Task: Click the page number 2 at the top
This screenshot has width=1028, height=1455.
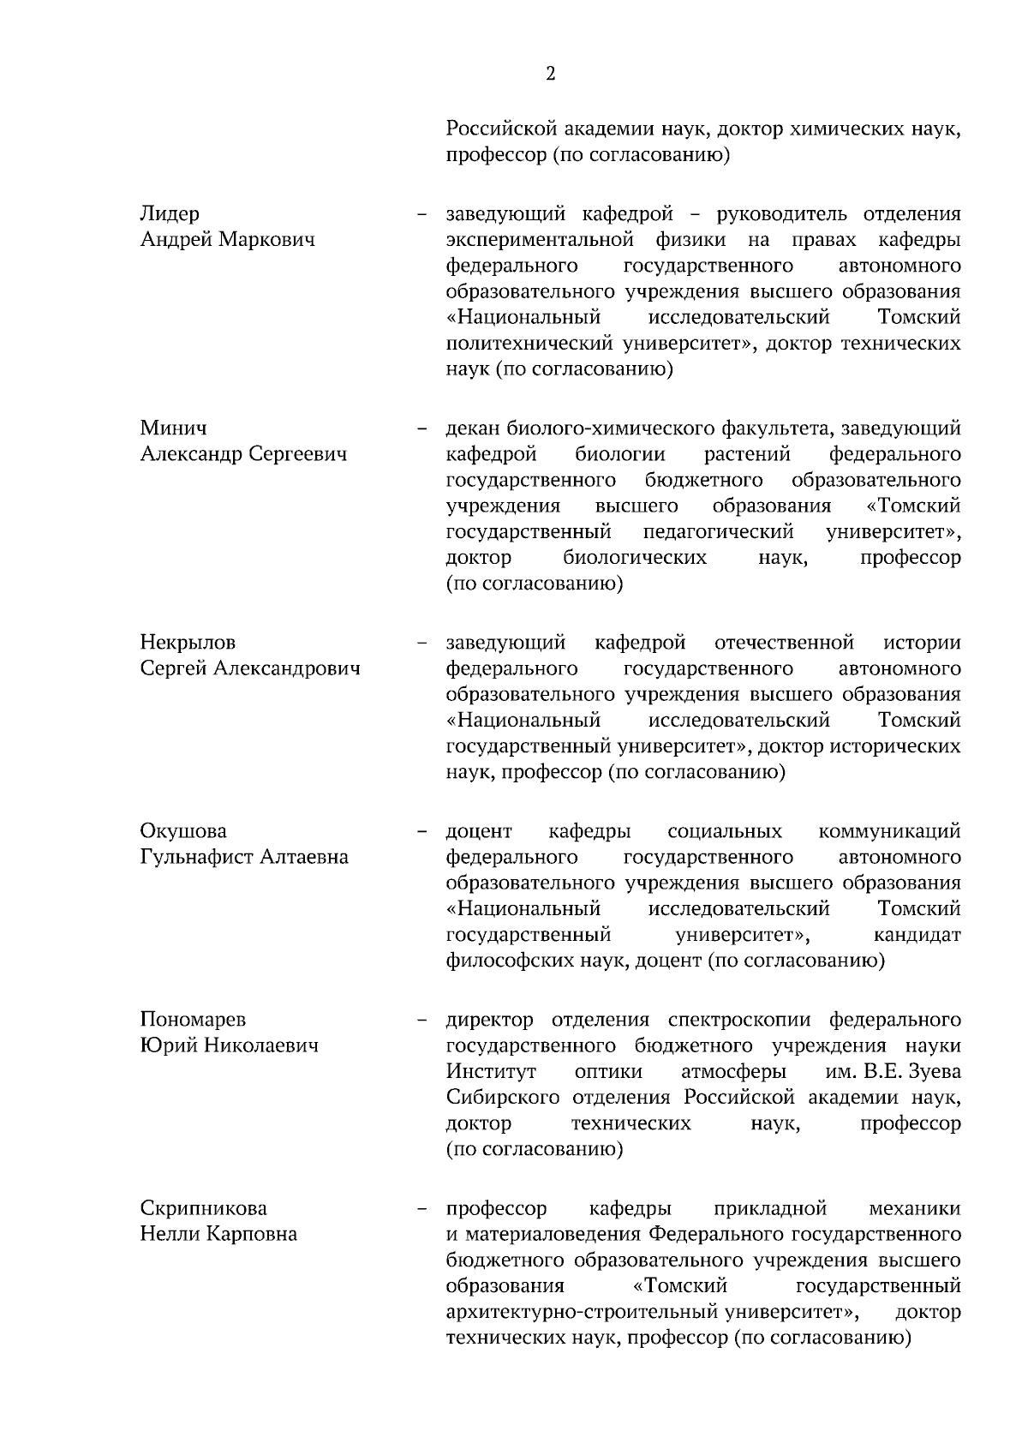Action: click(550, 74)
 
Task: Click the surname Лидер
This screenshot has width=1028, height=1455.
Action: click(170, 213)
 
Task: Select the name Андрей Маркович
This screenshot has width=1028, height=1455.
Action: click(227, 239)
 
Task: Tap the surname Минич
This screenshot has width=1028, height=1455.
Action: click(173, 428)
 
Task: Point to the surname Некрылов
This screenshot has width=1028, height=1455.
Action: click(188, 642)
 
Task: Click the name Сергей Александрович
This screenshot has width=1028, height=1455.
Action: click(250, 668)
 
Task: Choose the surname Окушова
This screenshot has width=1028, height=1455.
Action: click(183, 830)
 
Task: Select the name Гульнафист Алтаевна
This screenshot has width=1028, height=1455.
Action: click(244, 856)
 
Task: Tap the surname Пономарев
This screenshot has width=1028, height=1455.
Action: click(193, 1019)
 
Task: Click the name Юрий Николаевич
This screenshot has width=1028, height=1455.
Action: click(229, 1045)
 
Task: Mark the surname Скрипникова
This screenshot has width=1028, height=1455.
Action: click(203, 1207)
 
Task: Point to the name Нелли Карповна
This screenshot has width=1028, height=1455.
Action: click(218, 1233)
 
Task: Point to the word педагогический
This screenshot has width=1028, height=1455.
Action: click(718, 531)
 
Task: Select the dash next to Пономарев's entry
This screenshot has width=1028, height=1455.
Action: click(421, 1020)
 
